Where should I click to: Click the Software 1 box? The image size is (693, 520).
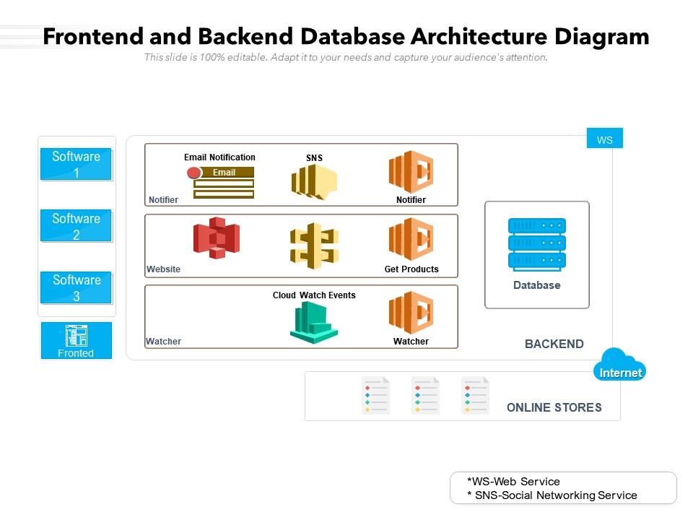[x=76, y=164]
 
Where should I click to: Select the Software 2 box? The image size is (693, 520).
[x=76, y=226]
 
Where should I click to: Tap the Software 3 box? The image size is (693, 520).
[x=76, y=287]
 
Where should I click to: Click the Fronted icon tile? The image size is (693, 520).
[x=76, y=340]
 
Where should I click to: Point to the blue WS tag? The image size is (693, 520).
[x=604, y=139]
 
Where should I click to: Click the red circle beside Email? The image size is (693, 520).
[x=193, y=173]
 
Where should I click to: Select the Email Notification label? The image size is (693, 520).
[x=219, y=157]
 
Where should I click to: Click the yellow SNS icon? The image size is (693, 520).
[x=314, y=181]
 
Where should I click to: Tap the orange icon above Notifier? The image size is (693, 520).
[x=411, y=172]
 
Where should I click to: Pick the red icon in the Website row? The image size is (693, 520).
[x=216, y=238]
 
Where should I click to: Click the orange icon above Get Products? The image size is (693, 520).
[x=411, y=239]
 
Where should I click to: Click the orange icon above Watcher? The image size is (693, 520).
[x=411, y=313]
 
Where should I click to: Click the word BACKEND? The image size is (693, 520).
[x=554, y=344]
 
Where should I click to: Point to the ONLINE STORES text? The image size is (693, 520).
[x=554, y=407]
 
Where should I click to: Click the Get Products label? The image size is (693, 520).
[x=411, y=269]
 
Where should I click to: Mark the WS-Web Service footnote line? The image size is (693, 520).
[x=513, y=481]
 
